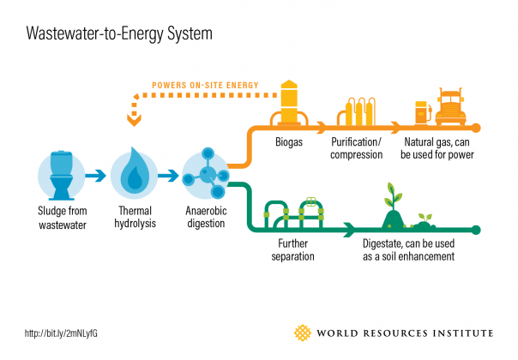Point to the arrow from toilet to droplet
pyautogui.click(x=98, y=176)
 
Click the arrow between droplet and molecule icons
pyautogui.click(x=170, y=176)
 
